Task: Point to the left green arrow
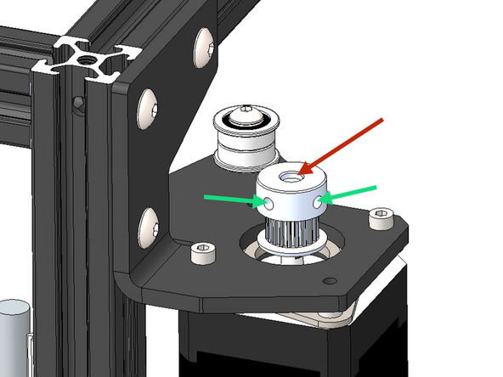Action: (x=229, y=200)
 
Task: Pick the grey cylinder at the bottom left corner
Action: (x=12, y=335)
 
